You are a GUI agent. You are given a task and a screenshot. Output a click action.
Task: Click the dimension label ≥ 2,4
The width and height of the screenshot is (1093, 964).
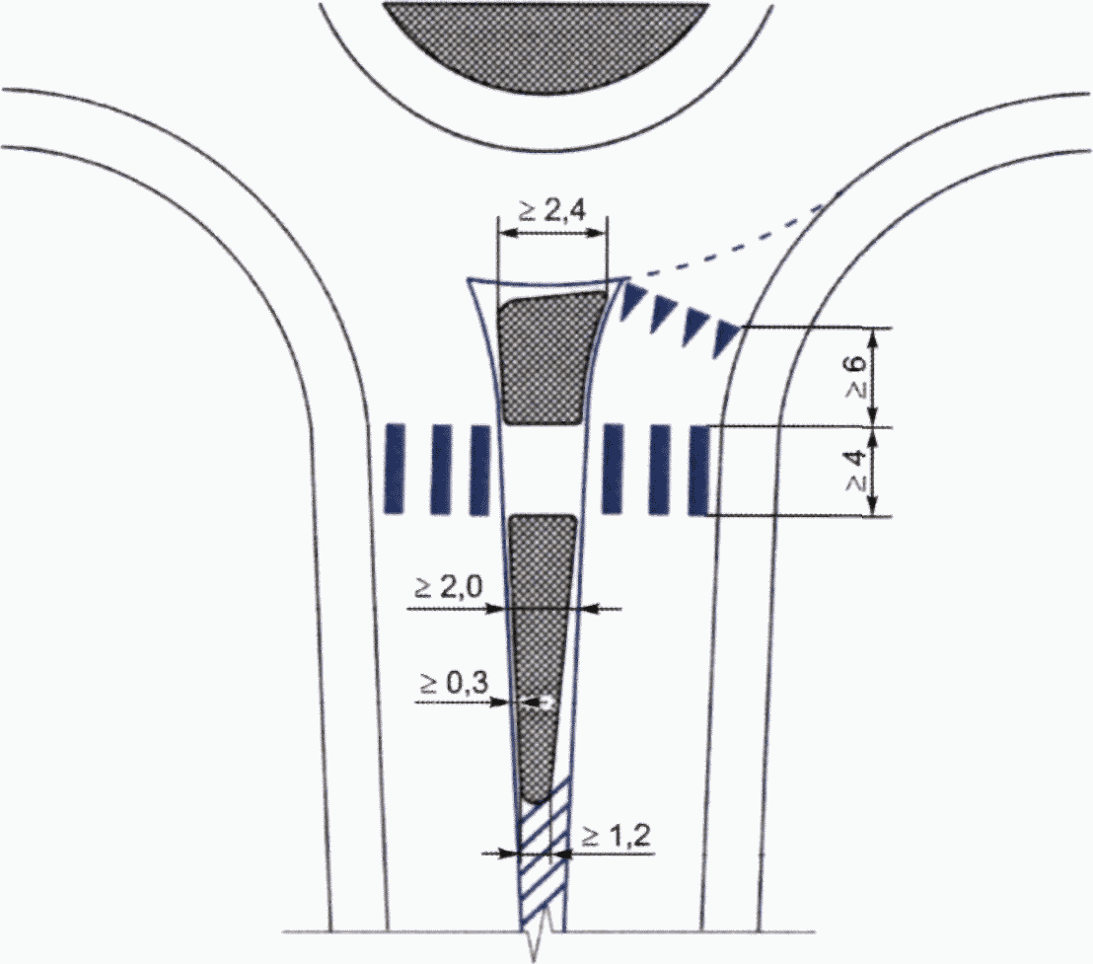tap(552, 210)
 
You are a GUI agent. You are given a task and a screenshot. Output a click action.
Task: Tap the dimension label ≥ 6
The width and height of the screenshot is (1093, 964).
tap(856, 376)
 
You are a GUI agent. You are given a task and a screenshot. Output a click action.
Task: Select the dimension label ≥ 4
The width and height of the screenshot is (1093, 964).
tap(856, 471)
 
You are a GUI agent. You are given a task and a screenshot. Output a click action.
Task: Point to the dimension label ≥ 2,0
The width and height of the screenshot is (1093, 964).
tap(448, 588)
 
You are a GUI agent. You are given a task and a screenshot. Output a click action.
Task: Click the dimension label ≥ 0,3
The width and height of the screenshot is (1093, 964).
tap(454, 684)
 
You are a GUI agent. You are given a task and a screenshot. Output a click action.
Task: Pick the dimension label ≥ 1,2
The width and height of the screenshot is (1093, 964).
tap(617, 835)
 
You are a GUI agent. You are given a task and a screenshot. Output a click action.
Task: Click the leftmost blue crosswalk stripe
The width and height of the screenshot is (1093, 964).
tap(395, 469)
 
